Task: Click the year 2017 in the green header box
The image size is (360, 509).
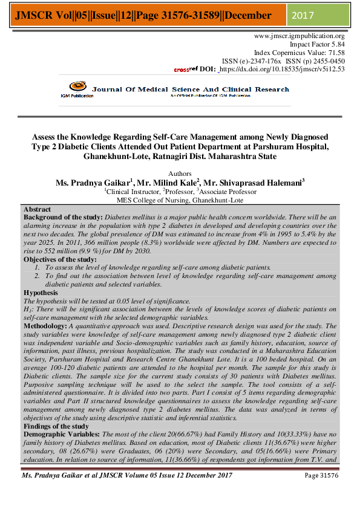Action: pos(304,14)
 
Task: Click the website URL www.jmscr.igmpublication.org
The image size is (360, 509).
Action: pos(299,36)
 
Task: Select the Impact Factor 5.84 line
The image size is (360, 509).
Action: pos(317,45)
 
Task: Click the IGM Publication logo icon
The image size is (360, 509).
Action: pos(76,88)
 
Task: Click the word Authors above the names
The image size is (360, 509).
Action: pos(179,173)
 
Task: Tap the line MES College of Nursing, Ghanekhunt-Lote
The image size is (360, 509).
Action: pos(180,200)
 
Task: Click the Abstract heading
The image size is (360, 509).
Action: pos(37,209)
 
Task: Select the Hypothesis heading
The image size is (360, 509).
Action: pos(41,292)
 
